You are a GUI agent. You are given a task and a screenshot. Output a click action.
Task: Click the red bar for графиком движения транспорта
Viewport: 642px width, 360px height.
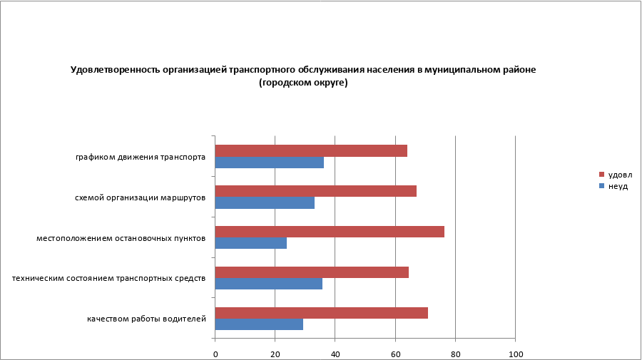tap(311, 150)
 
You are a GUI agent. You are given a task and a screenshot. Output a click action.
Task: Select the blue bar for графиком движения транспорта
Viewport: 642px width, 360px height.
tap(269, 163)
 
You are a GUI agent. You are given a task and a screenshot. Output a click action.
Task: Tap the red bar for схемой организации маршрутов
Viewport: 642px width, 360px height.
tap(315, 191)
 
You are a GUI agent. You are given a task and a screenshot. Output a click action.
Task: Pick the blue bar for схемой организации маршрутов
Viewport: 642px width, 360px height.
tap(265, 202)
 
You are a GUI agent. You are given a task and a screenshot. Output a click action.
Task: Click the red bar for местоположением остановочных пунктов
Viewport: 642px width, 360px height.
tap(330, 232)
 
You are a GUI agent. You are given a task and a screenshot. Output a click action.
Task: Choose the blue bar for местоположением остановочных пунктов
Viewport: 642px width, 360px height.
tap(250, 243)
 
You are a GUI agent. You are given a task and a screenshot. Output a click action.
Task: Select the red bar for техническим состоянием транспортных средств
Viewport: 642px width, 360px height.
tap(312, 272)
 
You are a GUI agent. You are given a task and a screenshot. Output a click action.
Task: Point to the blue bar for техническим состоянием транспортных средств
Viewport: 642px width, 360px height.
tap(268, 284)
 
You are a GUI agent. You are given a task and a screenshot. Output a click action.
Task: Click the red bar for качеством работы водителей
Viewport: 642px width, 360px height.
tap(321, 313)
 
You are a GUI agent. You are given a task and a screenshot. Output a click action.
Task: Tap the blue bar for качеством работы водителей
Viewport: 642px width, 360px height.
tap(259, 324)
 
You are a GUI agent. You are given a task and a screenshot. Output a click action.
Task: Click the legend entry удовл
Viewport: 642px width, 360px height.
tap(619, 175)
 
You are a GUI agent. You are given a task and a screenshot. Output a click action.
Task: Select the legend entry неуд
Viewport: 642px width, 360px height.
tap(617, 186)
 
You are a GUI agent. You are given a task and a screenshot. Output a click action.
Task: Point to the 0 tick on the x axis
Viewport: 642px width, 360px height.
tap(215, 354)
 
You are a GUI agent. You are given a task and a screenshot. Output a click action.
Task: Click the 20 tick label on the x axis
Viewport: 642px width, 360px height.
tap(275, 354)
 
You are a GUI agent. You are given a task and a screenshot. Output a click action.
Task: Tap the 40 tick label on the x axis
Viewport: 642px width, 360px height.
tap(335, 354)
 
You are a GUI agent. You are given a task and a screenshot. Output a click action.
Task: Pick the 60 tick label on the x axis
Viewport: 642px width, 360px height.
tap(394, 354)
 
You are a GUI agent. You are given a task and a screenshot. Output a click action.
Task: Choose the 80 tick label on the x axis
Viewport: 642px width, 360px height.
tap(454, 354)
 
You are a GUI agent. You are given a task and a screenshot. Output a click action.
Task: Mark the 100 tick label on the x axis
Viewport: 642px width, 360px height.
tap(514, 354)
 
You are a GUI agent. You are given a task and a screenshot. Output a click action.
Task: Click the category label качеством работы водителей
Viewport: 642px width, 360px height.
tap(146, 318)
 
